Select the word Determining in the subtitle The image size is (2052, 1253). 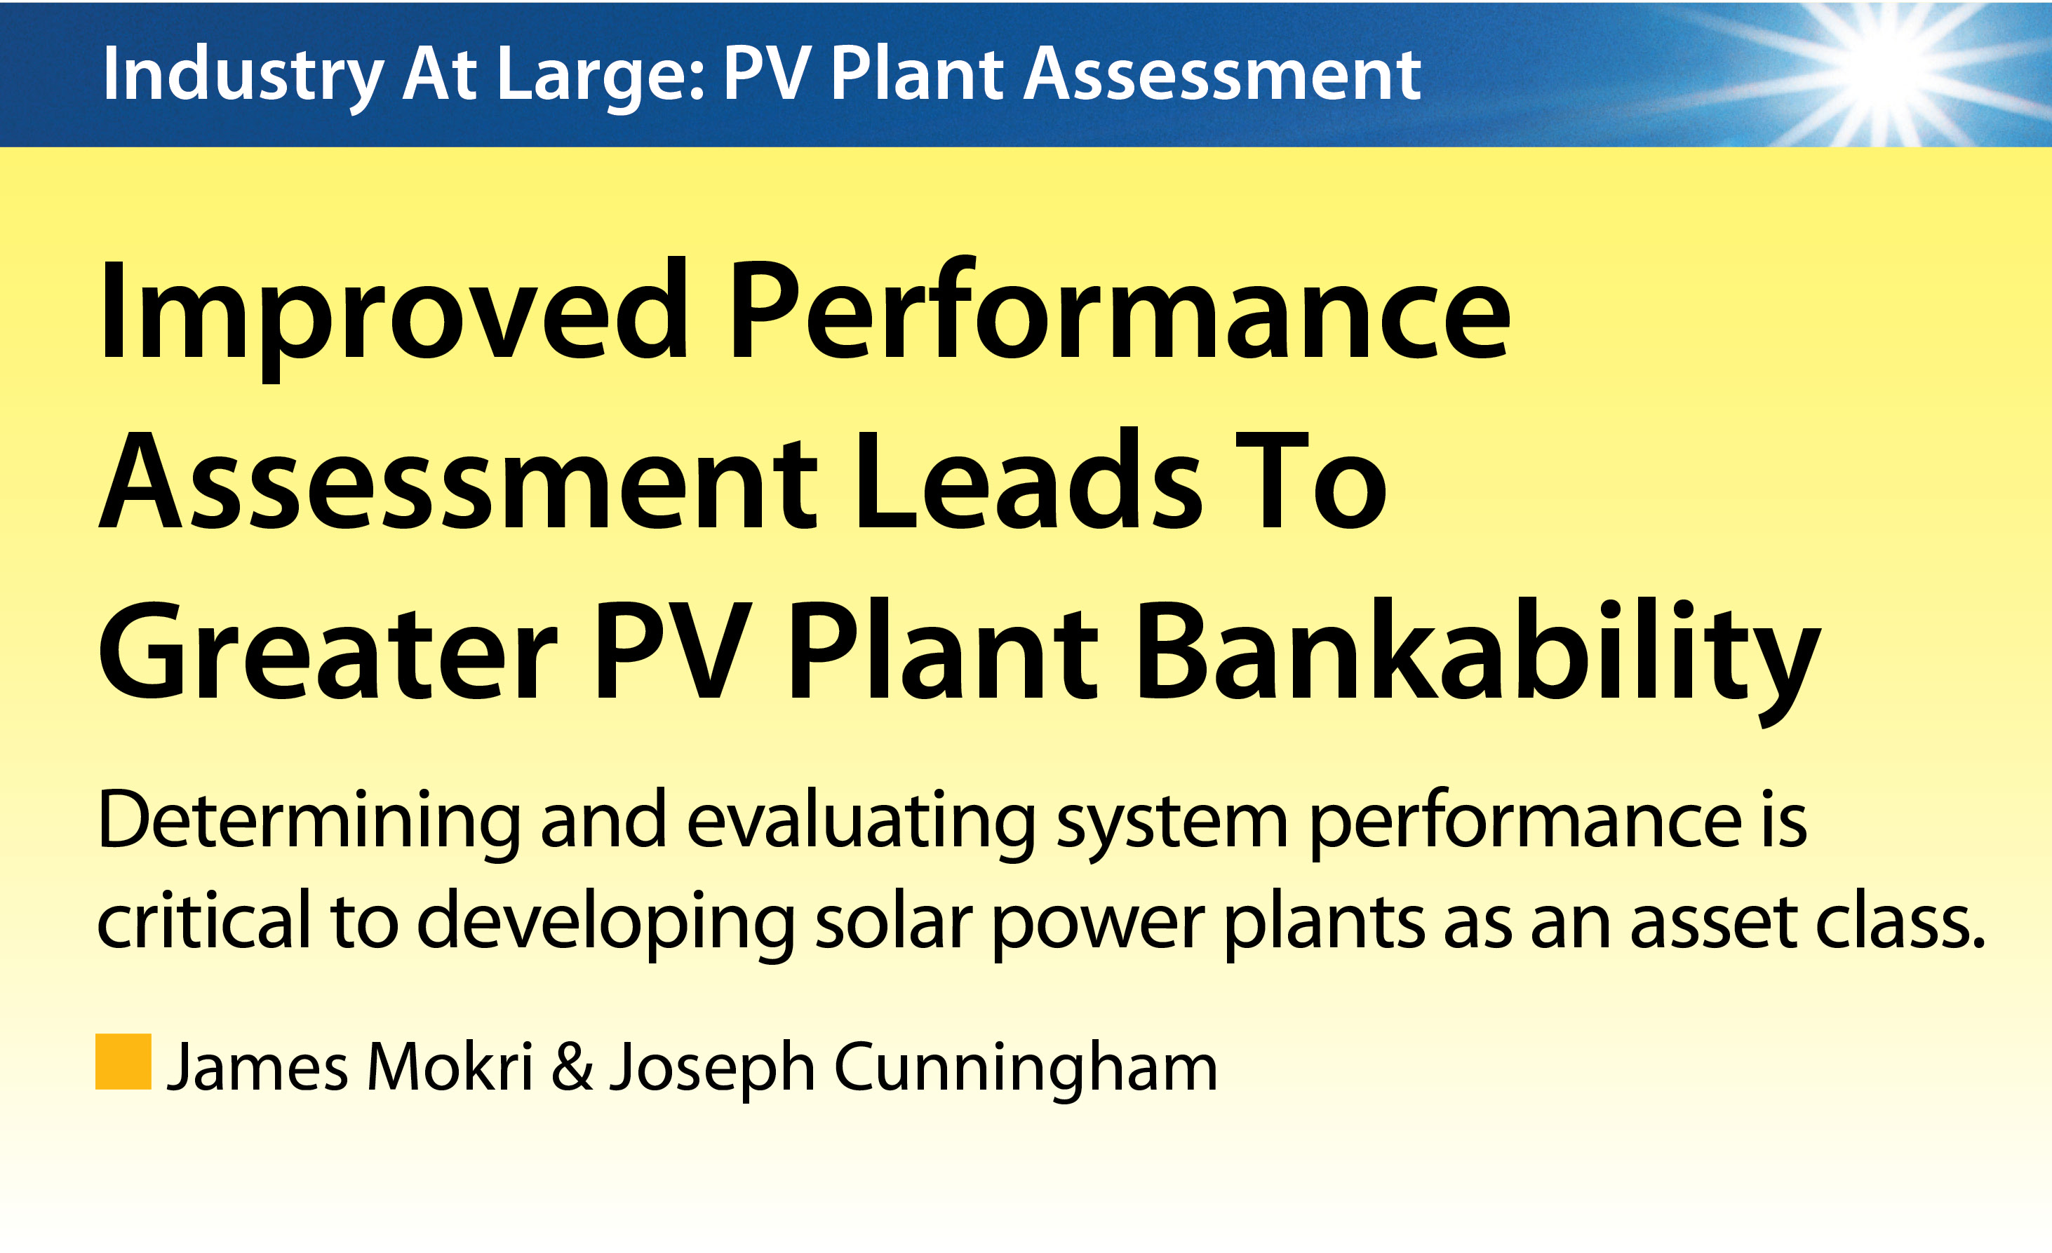(309, 823)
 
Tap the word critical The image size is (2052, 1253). (204, 919)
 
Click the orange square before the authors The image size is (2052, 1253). (123, 1062)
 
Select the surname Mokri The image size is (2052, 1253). (450, 1066)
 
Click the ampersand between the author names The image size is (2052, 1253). (572, 1066)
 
